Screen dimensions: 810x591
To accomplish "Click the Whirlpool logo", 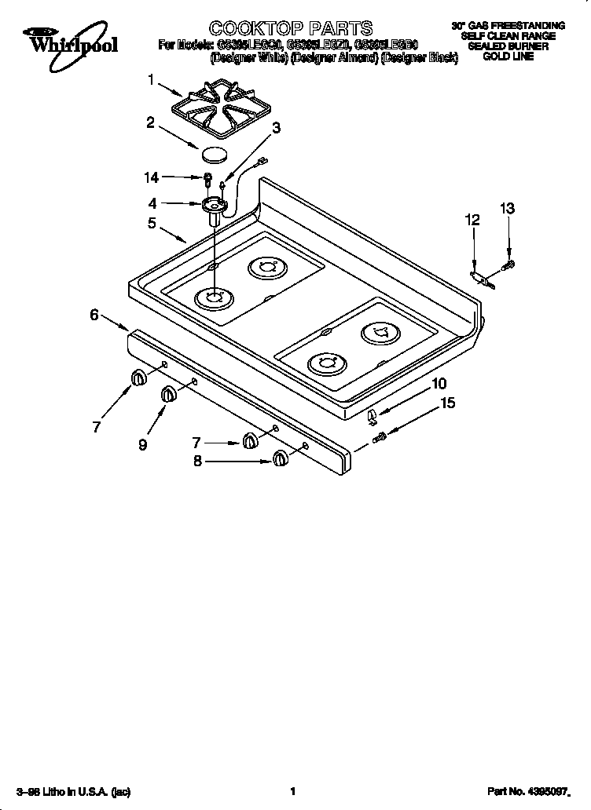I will (x=70, y=41).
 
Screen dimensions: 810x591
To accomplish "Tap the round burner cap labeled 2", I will (x=215, y=152).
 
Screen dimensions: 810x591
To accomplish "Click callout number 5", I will (x=152, y=223).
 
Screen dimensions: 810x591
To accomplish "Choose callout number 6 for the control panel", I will (x=94, y=315).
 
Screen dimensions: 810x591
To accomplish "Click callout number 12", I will (x=472, y=221).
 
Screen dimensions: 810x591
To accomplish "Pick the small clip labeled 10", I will (x=373, y=414).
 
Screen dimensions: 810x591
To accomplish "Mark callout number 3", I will (x=276, y=128).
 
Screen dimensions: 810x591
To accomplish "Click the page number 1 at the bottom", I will (x=292, y=791).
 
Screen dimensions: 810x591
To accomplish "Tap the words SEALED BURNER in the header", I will (x=507, y=47).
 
